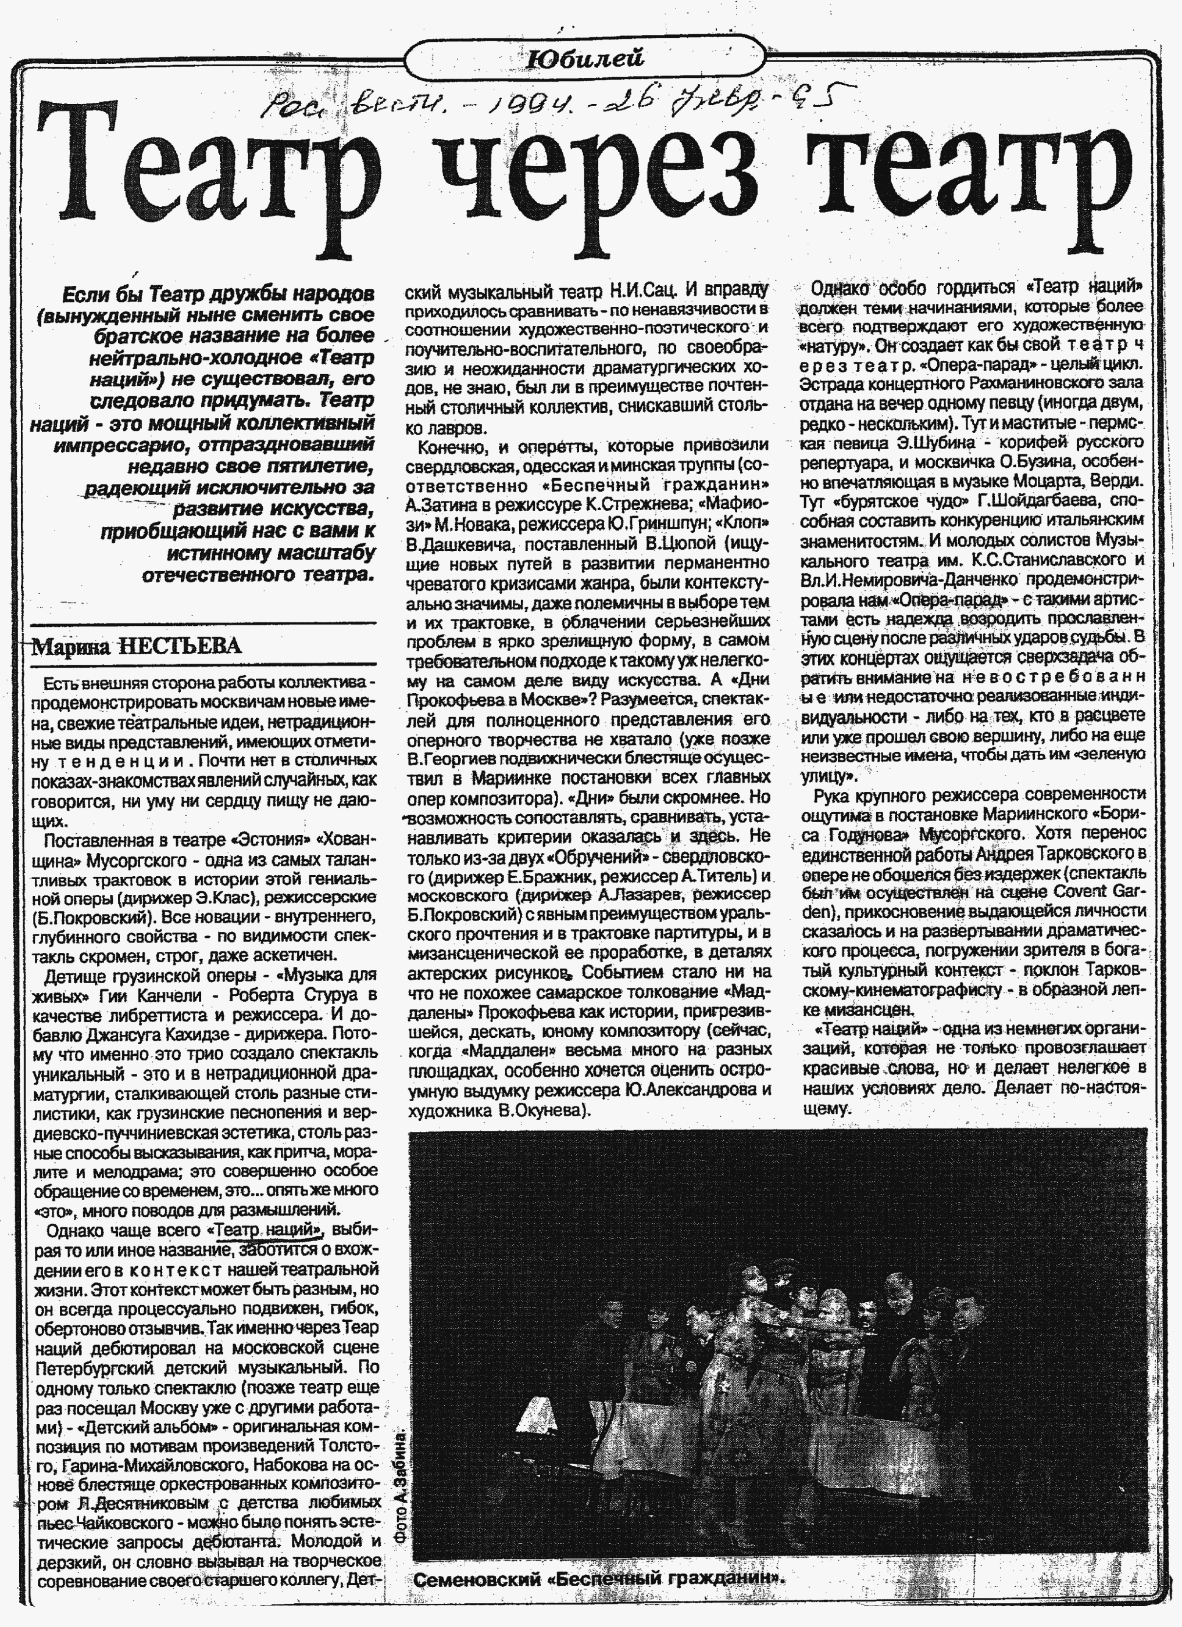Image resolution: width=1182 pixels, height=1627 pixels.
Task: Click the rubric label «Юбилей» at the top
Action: pyautogui.click(x=584, y=59)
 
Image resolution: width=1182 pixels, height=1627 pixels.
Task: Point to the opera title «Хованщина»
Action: pyautogui.click(x=349, y=840)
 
